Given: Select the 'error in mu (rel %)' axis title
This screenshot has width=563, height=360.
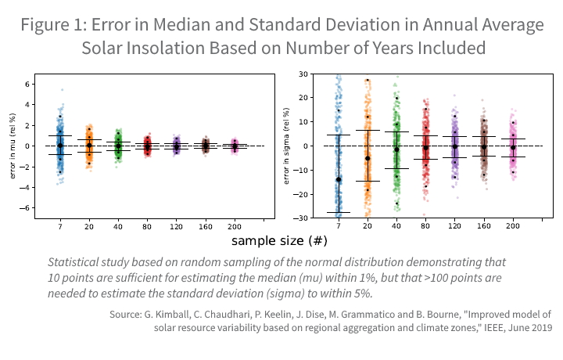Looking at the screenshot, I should (13, 146).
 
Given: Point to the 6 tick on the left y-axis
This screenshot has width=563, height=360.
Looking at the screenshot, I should (27, 83).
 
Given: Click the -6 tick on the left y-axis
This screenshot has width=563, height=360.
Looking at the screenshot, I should (26, 208).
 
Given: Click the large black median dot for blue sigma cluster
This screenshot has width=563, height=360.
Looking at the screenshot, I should (339, 179).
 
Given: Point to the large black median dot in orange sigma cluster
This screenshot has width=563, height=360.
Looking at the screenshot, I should (368, 158).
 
